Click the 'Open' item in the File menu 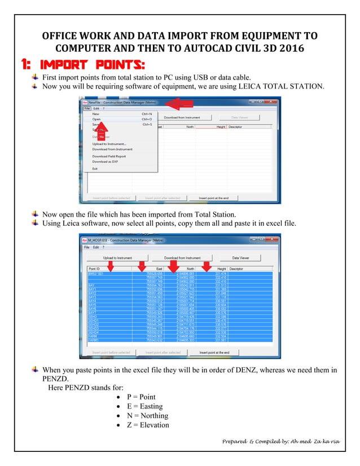click(x=96, y=119)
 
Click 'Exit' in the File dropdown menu click(x=95, y=168)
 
